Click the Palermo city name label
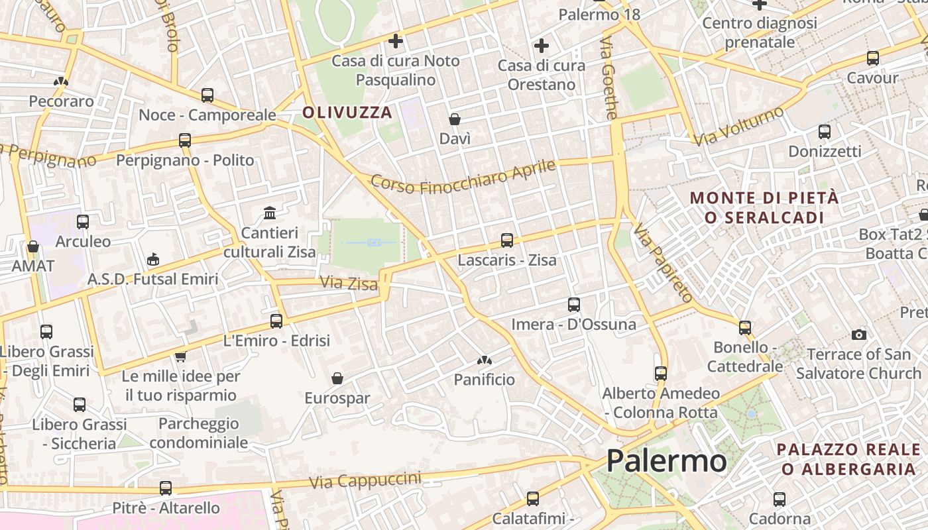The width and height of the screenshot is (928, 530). pos(666,460)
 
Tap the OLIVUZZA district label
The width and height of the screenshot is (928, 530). pos(347,112)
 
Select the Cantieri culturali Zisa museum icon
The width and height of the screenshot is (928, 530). pos(270,213)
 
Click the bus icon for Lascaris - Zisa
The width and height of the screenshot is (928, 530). pos(507,240)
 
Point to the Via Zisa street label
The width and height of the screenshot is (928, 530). pos(348,283)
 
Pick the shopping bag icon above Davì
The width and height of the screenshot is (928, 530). pos(455,119)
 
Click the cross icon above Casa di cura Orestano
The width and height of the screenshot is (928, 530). pos(542,46)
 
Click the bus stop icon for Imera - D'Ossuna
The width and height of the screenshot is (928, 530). pos(574,305)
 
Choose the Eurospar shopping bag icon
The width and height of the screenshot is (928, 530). pos(337,378)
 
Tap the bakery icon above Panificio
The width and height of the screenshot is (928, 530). pos(485,360)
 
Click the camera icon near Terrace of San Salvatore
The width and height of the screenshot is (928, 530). pos(859,335)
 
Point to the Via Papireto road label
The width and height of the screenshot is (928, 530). pos(663,263)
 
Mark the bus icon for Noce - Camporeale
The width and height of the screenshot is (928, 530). pos(207,95)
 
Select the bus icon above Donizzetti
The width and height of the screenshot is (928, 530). pos(825,132)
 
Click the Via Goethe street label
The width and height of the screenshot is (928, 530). pos(608,78)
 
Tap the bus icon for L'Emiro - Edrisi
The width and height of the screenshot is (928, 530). pos(276,321)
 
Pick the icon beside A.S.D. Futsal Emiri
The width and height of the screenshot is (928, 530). pos(153,259)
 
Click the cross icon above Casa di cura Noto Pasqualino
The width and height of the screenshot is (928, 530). pos(396,41)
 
